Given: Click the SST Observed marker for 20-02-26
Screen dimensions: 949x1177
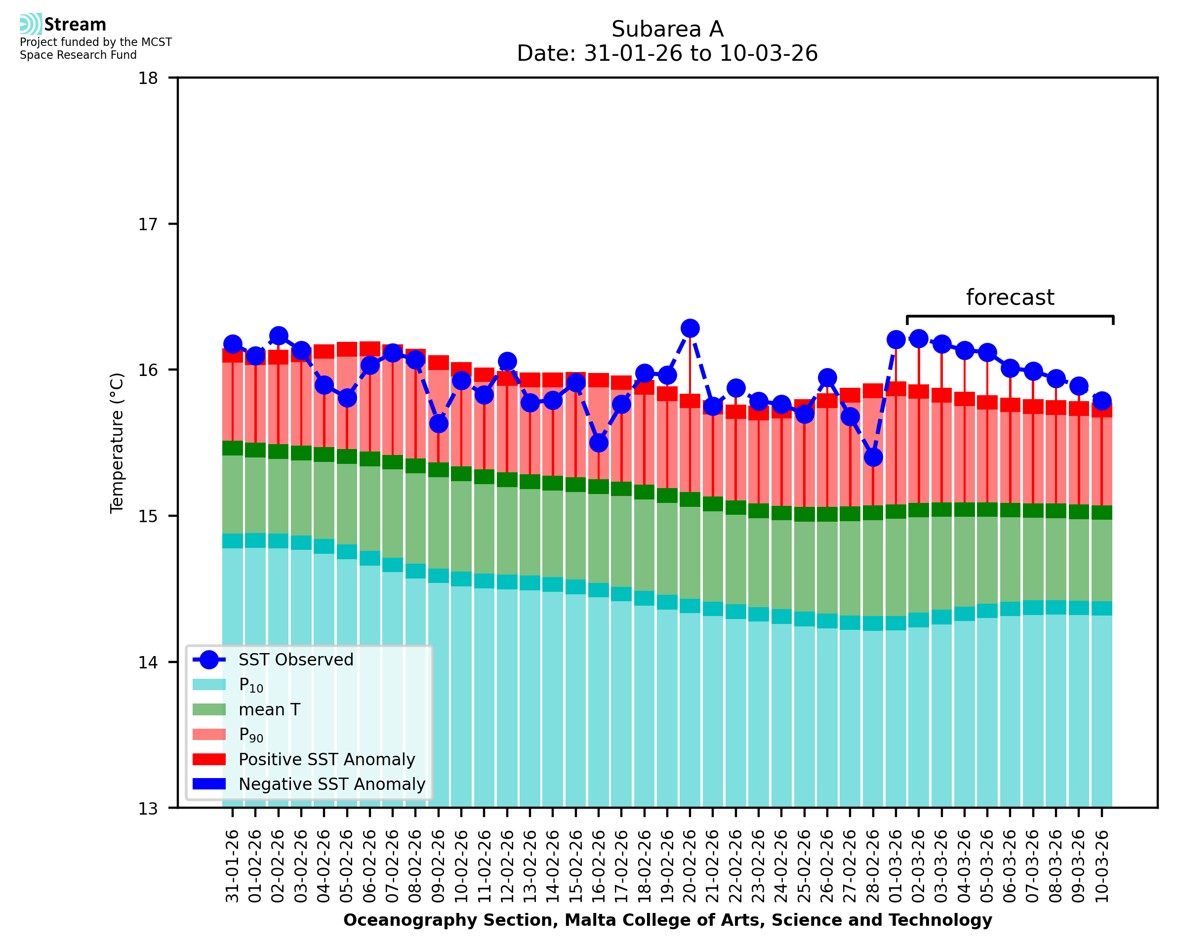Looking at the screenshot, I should (x=690, y=329).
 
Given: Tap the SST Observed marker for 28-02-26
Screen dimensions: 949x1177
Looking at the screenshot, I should (x=873, y=457).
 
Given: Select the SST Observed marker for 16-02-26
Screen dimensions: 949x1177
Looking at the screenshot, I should (x=598, y=443).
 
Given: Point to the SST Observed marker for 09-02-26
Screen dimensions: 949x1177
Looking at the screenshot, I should (x=438, y=424).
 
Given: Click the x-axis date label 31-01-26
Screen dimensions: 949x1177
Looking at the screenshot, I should (x=233, y=867).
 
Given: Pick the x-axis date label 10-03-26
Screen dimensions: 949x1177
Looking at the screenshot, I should (x=1101, y=867).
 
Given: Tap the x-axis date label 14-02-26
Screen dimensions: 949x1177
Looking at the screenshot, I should (x=552, y=867).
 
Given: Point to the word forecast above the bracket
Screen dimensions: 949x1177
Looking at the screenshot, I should (x=1010, y=297).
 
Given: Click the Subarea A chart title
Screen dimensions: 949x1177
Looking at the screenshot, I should (x=667, y=30).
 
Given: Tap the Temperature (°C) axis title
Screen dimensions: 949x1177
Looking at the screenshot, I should (x=117, y=443).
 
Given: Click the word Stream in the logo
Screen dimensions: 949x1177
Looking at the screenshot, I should (x=76, y=25).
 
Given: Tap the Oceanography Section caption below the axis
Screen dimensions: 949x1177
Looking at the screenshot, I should (x=667, y=920).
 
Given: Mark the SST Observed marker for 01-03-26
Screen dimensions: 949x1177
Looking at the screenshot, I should (x=896, y=339).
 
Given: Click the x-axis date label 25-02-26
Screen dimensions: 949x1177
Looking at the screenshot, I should (x=804, y=867).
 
